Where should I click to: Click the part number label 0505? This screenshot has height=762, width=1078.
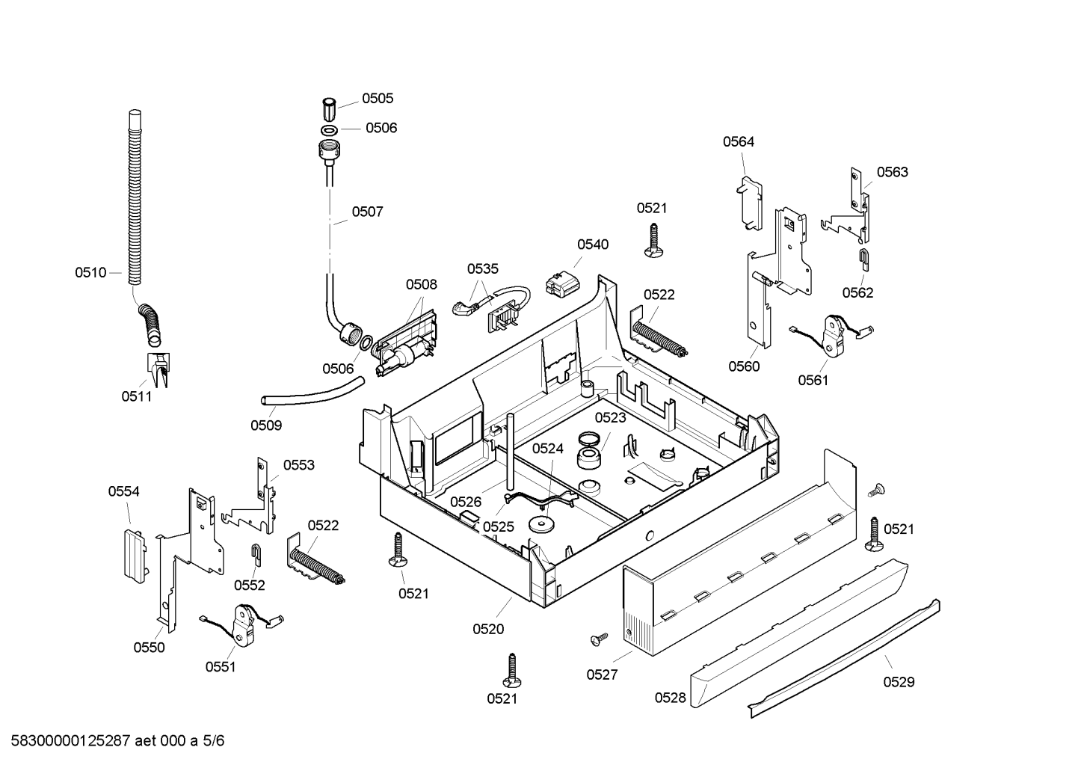coord(378,99)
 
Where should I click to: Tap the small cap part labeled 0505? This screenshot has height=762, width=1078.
coord(329,109)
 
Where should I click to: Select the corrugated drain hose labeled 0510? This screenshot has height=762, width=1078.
coord(141,227)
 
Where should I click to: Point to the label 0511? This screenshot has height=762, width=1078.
coord(137,396)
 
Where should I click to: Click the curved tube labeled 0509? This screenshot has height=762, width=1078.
coord(312,393)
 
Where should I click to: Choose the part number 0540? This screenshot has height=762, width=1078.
coord(593,245)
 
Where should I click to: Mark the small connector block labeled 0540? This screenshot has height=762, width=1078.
coord(563,283)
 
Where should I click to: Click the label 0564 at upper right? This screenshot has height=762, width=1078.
coord(739,141)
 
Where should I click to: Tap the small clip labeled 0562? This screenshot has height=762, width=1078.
coord(864,260)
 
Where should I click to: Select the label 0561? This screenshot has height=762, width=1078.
coord(813,381)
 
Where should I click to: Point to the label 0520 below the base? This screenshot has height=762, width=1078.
coord(488,629)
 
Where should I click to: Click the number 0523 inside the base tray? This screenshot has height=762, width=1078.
coord(610,417)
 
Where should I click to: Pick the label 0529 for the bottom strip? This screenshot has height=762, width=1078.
coord(899,682)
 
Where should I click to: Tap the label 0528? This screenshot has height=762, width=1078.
coord(671,698)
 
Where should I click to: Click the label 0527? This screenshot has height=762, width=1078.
coord(602,675)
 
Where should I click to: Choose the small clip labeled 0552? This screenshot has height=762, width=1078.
coord(256,555)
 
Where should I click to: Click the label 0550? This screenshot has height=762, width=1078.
coord(150,648)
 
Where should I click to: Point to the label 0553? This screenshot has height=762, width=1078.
coord(299,465)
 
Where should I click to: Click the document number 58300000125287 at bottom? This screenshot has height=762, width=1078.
coord(71,741)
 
